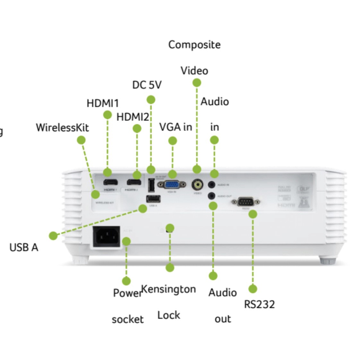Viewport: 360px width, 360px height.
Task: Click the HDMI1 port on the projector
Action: pyautogui.click(x=110, y=182)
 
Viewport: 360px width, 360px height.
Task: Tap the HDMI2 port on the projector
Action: pyautogui.click(x=134, y=183)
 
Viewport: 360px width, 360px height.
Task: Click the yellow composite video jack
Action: pyautogui.click(x=197, y=185)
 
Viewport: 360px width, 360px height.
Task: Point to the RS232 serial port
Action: pyautogui.click(x=245, y=202)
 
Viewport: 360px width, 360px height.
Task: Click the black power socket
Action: pyautogui.click(x=106, y=237)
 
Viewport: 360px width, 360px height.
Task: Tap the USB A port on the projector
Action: pyautogui.click(x=153, y=199)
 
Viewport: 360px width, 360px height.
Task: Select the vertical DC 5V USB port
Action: pyautogui.click(x=151, y=185)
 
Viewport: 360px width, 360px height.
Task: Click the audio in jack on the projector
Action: pyautogui.click(x=211, y=185)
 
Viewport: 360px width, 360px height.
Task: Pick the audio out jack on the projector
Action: pyautogui.click(x=211, y=195)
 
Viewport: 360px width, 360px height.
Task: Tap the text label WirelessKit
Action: pyautogui.click(x=62, y=128)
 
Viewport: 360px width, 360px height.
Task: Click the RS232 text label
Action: pyautogui.click(x=259, y=304)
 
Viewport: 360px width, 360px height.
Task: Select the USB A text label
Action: pyautogui.click(x=24, y=247)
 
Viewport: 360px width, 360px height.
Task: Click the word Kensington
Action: pyautogui.click(x=168, y=289)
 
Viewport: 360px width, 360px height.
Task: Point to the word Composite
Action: pyautogui.click(x=194, y=45)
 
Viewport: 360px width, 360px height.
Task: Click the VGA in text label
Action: pyautogui.click(x=176, y=127)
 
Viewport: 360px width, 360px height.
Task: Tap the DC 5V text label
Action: pyautogui.click(x=147, y=85)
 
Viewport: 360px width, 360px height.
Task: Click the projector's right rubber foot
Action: pyautogui.click(x=328, y=260)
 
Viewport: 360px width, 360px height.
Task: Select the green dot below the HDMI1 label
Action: pyautogui.click(x=107, y=115)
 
